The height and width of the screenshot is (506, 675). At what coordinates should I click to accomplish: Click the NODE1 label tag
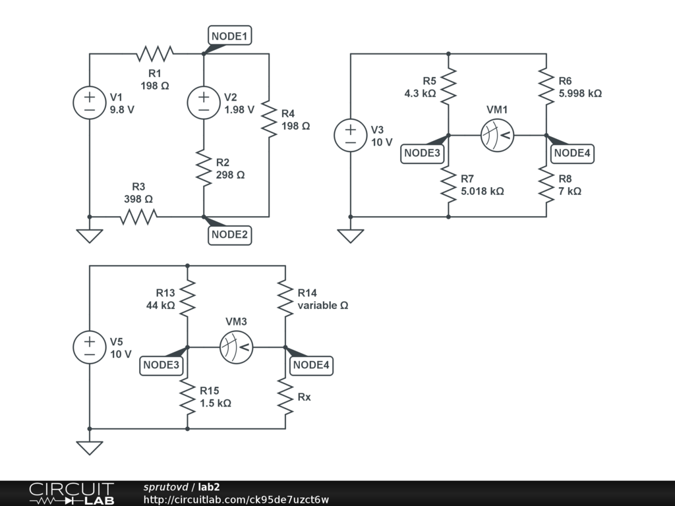[230, 37]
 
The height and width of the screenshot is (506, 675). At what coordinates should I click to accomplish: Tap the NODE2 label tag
[230, 235]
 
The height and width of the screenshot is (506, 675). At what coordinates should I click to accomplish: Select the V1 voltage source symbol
[90, 103]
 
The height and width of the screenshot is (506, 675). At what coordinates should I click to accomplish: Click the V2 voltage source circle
[204, 103]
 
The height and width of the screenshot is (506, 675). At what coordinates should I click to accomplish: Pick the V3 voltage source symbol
[351, 135]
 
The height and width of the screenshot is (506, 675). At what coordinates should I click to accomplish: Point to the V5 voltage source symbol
[90, 347]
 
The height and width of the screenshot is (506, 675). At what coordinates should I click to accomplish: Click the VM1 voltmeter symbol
[497, 135]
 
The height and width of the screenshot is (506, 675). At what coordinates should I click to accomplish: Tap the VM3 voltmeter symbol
[237, 347]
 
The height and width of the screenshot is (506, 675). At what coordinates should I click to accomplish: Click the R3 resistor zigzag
[138, 216]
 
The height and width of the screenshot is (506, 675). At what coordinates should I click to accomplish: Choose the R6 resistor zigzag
[546, 86]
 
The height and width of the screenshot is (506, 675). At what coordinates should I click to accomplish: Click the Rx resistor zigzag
[285, 396]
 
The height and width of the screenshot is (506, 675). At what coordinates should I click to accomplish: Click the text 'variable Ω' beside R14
[322, 306]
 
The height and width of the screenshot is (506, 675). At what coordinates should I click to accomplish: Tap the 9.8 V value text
[122, 110]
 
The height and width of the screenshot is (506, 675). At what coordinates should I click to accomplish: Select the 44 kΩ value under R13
[160, 306]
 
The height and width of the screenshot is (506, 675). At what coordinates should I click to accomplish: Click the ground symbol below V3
[351, 235]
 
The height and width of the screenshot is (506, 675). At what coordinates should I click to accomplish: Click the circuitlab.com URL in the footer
[236, 499]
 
